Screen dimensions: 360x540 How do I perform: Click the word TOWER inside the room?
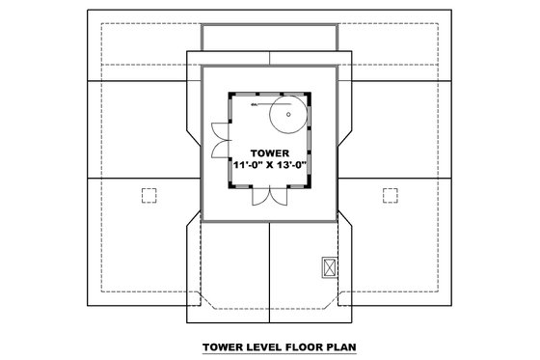[269, 152]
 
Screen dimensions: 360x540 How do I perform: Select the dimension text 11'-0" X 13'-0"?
[269, 165]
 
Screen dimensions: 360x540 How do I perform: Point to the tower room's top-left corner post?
[229, 94]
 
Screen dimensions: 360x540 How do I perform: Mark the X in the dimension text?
[270, 165]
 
